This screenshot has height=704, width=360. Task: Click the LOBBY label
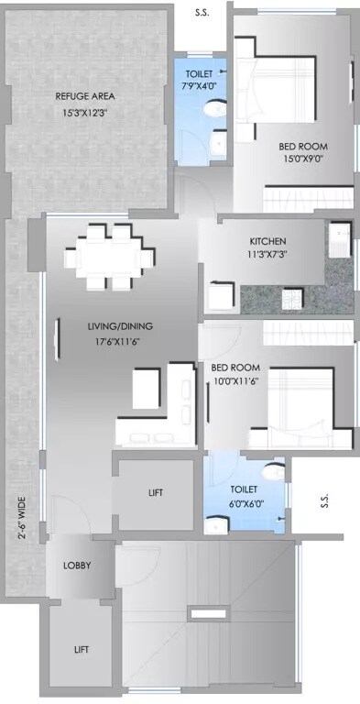[x=76, y=566]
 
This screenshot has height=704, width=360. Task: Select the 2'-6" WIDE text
[x=20, y=518]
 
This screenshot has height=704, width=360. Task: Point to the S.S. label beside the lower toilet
[x=324, y=501]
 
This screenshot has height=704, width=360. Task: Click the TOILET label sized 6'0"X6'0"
[x=244, y=490]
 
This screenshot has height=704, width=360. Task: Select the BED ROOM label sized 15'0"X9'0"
[x=303, y=146]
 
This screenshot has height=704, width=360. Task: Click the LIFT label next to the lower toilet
[x=156, y=493]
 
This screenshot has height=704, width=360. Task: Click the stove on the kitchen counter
[x=293, y=299]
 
